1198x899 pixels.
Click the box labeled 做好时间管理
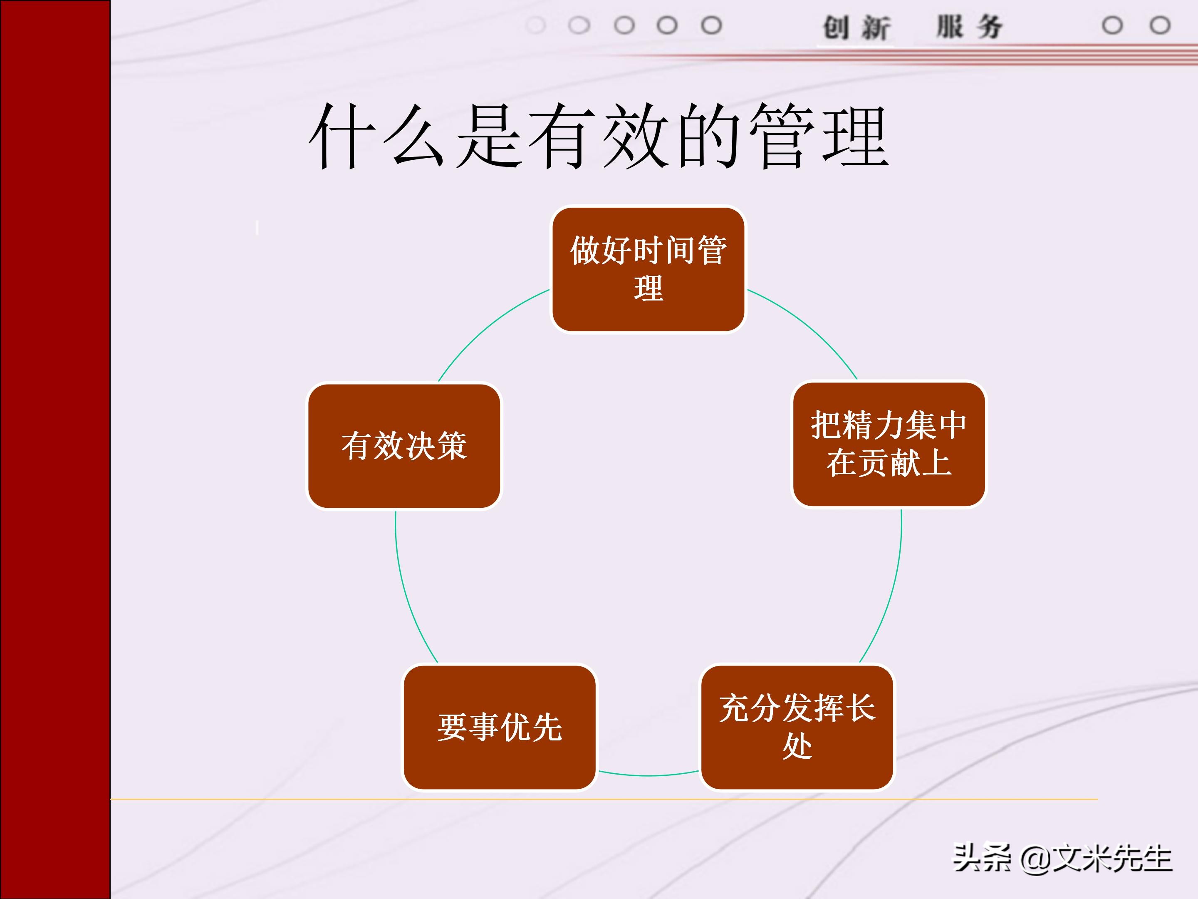point(648,269)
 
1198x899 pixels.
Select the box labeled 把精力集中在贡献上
point(889,445)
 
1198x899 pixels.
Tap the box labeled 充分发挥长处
point(797,727)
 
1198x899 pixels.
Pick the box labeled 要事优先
point(499,727)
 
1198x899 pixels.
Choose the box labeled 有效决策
point(404,446)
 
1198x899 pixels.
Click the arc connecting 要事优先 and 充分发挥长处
point(648,775)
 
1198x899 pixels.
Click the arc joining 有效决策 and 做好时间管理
point(488,325)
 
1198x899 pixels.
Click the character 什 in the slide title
point(342,137)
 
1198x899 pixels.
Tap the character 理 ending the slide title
point(856,137)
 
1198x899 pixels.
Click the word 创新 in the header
point(856,27)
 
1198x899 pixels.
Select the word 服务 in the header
point(970,27)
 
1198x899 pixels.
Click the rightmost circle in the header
point(1160,25)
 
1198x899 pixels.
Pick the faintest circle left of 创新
point(536,25)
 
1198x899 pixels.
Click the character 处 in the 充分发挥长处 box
point(797,747)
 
